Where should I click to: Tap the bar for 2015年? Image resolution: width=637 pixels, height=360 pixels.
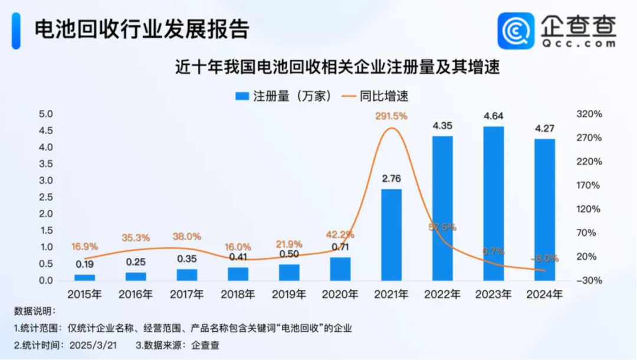[84, 277]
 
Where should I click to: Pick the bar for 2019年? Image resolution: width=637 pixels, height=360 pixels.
[289, 272]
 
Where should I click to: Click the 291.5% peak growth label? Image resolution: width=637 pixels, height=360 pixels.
[391, 117]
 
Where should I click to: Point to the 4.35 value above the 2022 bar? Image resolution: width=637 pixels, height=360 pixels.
[442, 126]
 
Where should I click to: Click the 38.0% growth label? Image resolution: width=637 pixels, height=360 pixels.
[186, 236]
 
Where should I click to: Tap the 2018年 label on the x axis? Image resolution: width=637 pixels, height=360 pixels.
[238, 293]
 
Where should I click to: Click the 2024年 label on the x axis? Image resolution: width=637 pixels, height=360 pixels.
[544, 293]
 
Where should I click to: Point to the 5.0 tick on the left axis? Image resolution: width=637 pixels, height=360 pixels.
[46, 114]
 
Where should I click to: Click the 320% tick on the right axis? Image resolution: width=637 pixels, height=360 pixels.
[589, 114]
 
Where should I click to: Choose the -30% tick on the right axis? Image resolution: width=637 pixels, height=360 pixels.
[589, 280]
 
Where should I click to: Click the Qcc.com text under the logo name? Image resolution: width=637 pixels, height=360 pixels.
[579, 43]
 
